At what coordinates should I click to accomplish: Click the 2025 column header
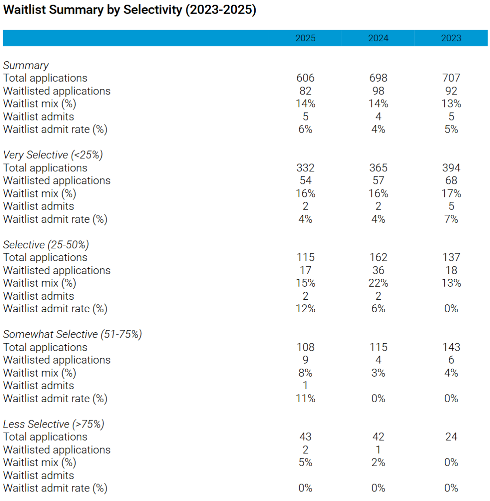click(305, 38)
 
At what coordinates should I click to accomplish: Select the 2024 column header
click(378, 38)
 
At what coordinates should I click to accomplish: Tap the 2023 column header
click(451, 38)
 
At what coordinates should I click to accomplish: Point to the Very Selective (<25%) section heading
click(53, 155)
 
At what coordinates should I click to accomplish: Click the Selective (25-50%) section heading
click(46, 245)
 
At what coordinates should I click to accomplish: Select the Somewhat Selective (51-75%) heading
click(73, 334)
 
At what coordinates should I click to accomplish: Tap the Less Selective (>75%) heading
click(53, 424)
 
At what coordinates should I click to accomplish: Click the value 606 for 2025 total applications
click(305, 78)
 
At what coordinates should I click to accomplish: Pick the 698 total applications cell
click(378, 78)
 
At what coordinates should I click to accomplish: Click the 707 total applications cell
click(451, 78)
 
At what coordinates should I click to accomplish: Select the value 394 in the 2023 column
click(451, 168)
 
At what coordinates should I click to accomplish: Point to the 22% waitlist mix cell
click(378, 283)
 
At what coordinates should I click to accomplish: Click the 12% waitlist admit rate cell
click(305, 309)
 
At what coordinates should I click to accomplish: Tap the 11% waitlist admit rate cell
click(305, 398)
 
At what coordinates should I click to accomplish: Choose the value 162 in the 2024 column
click(378, 257)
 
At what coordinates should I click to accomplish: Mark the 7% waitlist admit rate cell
click(451, 219)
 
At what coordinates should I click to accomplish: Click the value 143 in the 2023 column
click(451, 347)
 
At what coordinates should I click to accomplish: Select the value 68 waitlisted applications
click(451, 180)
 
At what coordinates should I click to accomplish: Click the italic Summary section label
click(26, 66)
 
